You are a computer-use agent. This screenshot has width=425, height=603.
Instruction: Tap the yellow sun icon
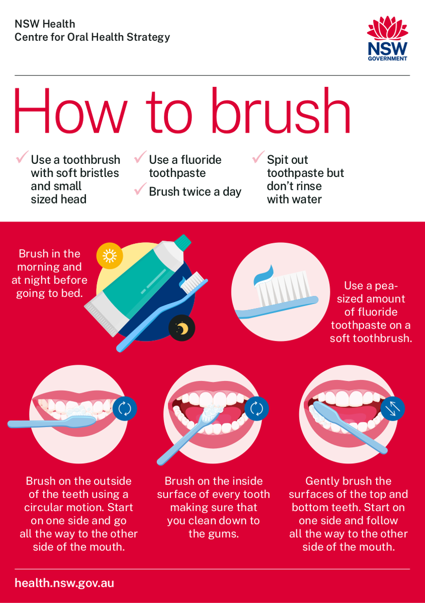coord(110,256)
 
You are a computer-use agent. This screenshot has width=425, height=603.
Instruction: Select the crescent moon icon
coord(182,328)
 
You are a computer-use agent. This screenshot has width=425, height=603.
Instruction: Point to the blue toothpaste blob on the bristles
coord(264,275)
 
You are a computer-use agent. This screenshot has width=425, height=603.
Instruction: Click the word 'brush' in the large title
coord(281,111)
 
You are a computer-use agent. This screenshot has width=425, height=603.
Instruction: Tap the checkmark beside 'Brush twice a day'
coord(140,189)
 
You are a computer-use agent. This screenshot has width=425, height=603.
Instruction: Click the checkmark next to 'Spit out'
coord(258,157)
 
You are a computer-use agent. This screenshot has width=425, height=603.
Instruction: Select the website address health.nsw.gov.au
coord(64,583)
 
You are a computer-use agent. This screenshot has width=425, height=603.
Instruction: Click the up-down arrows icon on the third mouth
coord(392,409)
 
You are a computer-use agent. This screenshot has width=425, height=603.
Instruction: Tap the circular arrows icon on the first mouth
coord(125,409)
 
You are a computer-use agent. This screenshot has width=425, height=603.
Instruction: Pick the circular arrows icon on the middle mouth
coord(257,409)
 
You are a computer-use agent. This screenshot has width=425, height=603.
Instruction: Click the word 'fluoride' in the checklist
coord(201,160)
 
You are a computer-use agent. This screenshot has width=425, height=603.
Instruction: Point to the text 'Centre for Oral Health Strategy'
coord(92,37)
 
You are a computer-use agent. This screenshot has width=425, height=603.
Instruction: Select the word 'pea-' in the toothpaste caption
coord(387,286)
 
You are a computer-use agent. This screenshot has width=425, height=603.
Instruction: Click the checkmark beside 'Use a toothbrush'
coord(22,157)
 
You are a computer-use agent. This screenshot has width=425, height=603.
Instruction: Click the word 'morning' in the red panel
coord(36,267)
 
